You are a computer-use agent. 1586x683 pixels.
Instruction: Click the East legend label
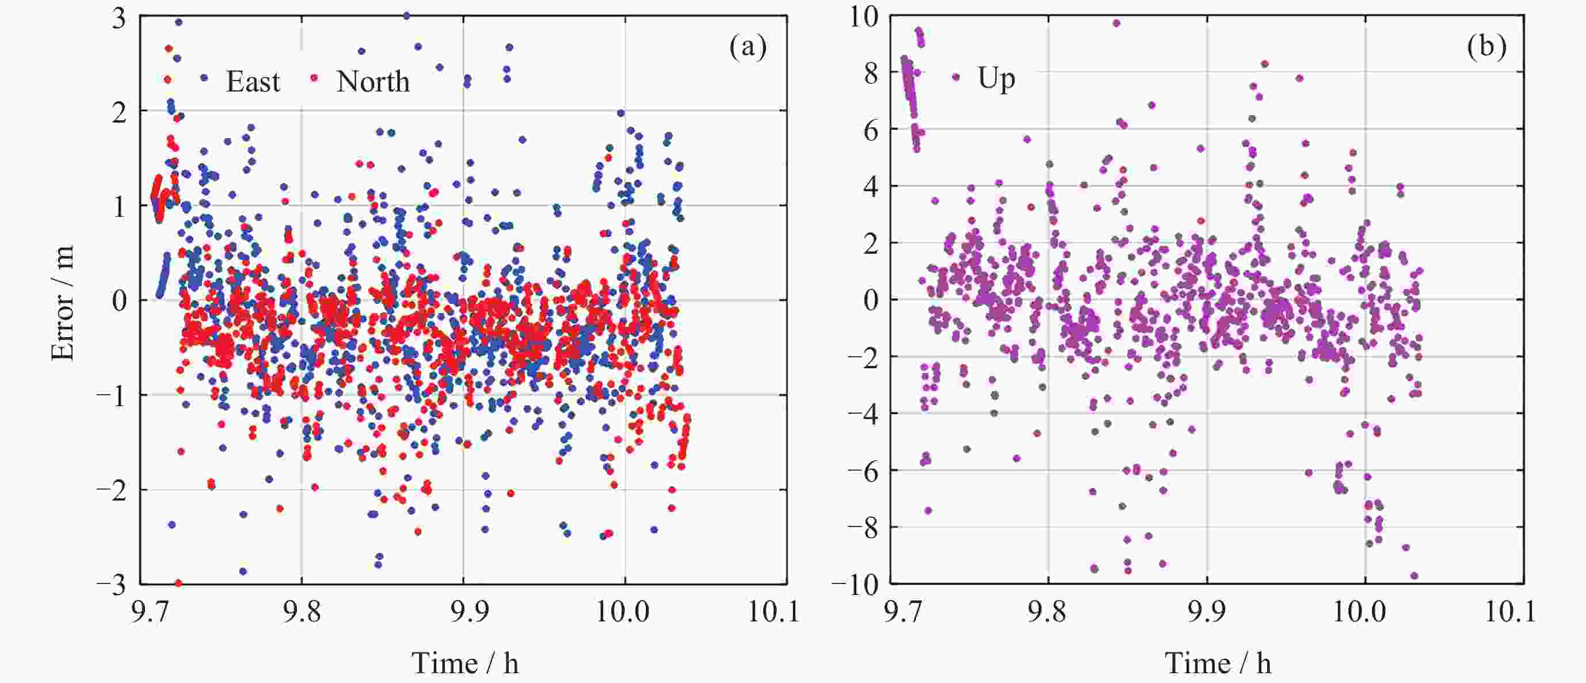253,82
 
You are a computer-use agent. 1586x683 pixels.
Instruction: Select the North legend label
372,82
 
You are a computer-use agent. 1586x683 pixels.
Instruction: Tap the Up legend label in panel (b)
996,79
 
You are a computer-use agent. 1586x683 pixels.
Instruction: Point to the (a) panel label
748,46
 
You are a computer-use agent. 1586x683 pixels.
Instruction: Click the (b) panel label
1487,46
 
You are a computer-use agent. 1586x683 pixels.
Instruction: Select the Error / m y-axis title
63,302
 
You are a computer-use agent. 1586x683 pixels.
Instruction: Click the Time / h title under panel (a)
465,663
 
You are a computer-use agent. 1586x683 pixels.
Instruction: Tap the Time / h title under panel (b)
1218,663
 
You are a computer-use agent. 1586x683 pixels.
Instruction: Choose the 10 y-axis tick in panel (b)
864,17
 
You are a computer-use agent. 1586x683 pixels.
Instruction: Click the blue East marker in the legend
204,78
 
